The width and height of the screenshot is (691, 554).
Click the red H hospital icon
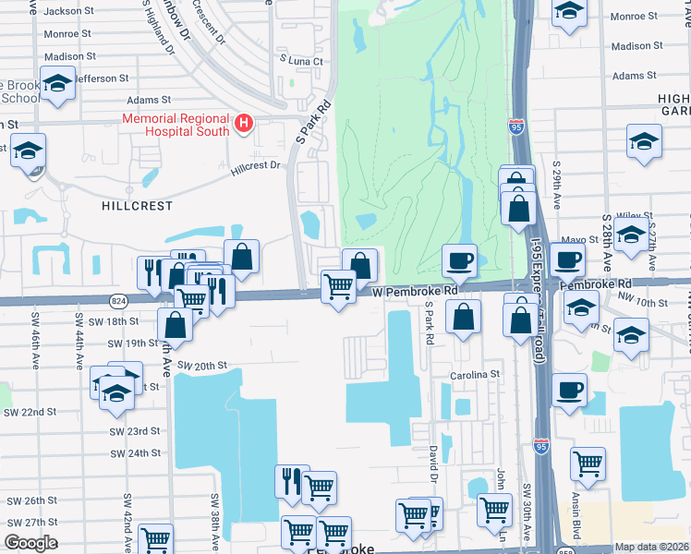coord(244,123)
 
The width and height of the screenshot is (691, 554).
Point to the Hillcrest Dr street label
coord(255,165)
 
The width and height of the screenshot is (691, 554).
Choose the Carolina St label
coord(475,376)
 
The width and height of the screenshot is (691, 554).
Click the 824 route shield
coord(118,301)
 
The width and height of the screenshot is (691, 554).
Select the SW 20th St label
coord(202,366)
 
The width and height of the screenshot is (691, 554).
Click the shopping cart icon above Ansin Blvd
coord(588,464)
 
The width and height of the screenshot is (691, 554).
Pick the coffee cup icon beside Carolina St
coord(569,388)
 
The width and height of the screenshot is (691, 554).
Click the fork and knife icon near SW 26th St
coord(291,480)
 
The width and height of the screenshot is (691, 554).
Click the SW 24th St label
coord(135,453)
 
